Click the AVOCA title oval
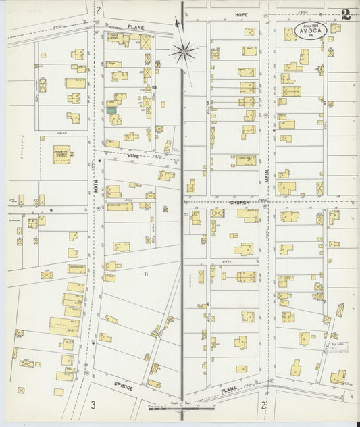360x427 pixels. pyautogui.click(x=311, y=30)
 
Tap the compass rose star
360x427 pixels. pyautogui.click(x=182, y=50)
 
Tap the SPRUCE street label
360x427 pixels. pyautogui.click(x=123, y=389)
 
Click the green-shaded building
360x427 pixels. pyautogui.click(x=111, y=109)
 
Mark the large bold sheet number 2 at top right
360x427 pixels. pyautogui.click(x=346, y=15)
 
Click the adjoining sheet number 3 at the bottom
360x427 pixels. pyautogui.click(x=93, y=405)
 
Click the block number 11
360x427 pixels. pyautogui.click(x=145, y=274)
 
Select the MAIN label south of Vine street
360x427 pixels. pyautogui.click(x=96, y=185)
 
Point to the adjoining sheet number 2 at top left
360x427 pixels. pyautogui.click(x=98, y=9)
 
